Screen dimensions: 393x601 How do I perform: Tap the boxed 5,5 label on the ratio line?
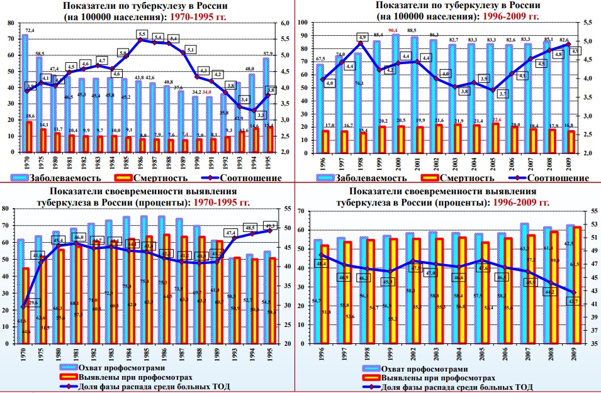(142, 34)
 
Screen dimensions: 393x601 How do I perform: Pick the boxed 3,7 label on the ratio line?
(502, 94)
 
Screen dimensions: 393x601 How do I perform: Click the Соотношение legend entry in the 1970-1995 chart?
(247, 178)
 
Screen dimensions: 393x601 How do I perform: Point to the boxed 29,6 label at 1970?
(33, 302)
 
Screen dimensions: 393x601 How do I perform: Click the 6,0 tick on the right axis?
(284, 23)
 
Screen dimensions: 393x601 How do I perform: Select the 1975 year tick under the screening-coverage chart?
(40, 354)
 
